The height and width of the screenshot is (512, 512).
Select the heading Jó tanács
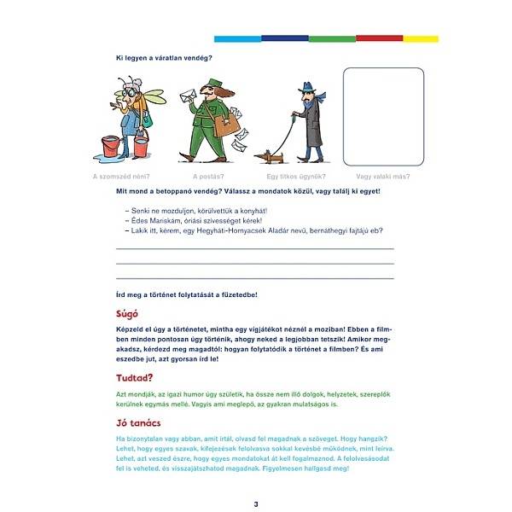[x=140, y=422]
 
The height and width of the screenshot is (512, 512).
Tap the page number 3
[x=255, y=504]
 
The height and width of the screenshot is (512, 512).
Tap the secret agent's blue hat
[x=308, y=86]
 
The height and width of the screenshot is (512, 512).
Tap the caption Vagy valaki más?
[x=381, y=177]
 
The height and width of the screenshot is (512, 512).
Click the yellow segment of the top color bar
[x=420, y=38]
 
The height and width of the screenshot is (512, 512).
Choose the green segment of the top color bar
[x=332, y=38]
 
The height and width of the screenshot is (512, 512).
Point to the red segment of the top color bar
[x=379, y=38]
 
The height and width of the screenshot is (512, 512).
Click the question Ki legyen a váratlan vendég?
[x=164, y=57]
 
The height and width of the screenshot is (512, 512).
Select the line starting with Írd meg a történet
[x=186, y=294]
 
